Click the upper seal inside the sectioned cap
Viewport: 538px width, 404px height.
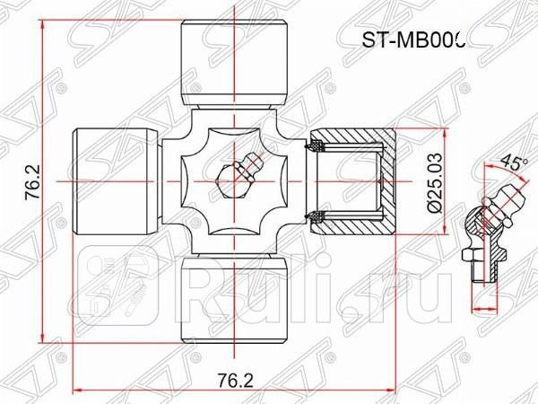(316, 145)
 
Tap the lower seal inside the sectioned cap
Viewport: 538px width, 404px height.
(316, 215)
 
